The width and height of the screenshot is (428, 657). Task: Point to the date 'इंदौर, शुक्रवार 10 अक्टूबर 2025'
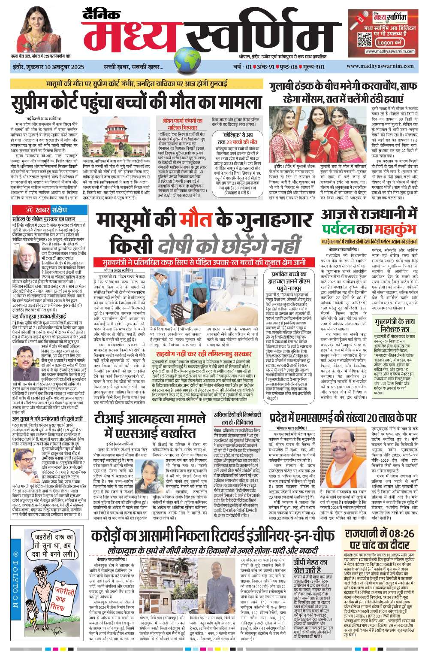click(x=48, y=67)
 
